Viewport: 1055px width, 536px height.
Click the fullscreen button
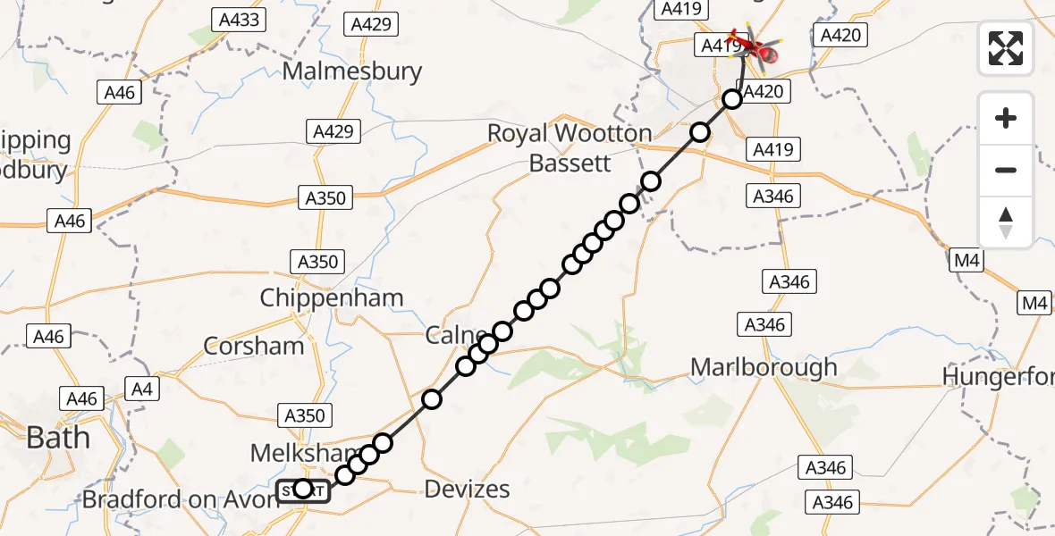click(1006, 48)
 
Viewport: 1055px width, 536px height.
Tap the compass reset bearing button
click(1006, 222)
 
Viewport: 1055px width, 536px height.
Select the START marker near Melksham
click(302, 490)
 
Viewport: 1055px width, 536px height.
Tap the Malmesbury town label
click(352, 71)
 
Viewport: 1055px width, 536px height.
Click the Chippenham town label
click(332, 297)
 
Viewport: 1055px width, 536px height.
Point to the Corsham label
click(254, 346)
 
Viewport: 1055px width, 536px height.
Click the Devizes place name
click(467, 489)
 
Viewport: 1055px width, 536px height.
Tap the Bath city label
click(59, 437)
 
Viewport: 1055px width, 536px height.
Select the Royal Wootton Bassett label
click(570, 148)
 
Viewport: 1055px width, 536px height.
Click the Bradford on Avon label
click(181, 499)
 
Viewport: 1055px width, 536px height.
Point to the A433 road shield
click(239, 19)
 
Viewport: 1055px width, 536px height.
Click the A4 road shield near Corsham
click(142, 389)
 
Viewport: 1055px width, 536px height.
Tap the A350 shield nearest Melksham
click(304, 415)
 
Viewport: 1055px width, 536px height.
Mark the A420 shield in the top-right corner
click(840, 35)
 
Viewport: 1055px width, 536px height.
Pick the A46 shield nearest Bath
click(81, 398)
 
